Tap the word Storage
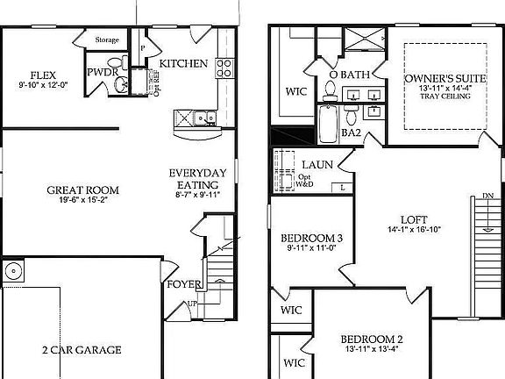pyautogui.click(x=107, y=39)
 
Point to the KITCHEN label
pyautogui.click(x=182, y=63)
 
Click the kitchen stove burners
pyautogui.click(x=224, y=65)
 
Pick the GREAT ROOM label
pyautogui.click(x=83, y=189)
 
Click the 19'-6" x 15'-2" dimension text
pyautogui.click(x=83, y=200)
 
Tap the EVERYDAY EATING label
pyautogui.click(x=198, y=179)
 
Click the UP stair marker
pyautogui.click(x=191, y=304)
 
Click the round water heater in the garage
pyautogui.click(x=12, y=272)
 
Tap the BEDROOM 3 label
pyautogui.click(x=311, y=238)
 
